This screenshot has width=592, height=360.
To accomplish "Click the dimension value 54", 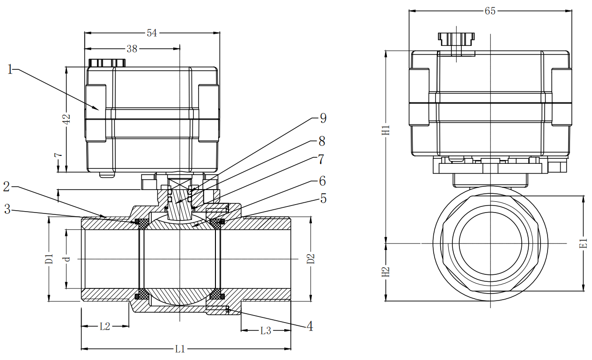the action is (152, 33).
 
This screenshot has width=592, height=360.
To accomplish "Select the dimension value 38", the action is (132, 49).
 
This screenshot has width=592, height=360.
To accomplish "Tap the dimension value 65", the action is (490, 11).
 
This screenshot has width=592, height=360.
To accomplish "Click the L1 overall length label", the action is (180, 349).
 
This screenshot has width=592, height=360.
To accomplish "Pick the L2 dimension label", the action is (104, 327).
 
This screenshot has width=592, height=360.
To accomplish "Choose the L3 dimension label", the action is (266, 331).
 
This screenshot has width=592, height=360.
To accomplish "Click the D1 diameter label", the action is (49, 258).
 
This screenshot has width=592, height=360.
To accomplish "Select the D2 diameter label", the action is (311, 258).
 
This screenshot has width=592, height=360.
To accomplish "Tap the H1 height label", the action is (386, 130).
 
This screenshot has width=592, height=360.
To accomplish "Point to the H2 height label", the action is (386, 272).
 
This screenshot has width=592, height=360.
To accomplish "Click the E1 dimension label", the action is (583, 243).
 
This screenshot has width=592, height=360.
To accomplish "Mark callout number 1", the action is (10, 69).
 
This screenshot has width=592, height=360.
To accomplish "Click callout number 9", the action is (323, 118).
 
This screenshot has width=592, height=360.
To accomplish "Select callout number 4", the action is (310, 326).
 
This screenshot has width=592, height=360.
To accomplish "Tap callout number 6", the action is (322, 181).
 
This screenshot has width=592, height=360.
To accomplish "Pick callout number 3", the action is (7, 209).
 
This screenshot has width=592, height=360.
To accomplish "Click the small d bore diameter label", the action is (67, 258).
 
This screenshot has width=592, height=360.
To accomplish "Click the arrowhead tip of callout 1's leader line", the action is (99, 110).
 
